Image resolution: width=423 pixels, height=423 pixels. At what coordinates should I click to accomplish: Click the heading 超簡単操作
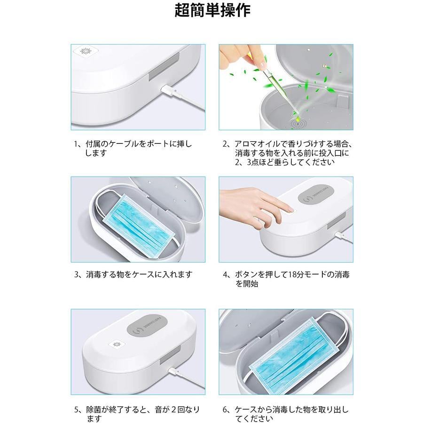click(212, 10)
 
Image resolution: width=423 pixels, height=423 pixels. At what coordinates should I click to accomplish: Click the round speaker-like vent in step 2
click(298, 125)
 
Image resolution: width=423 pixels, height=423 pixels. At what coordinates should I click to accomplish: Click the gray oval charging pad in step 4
click(316, 195)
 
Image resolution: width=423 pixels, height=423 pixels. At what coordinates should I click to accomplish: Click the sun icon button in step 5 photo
click(117, 345)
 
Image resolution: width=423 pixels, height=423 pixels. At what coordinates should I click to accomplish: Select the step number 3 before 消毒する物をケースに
click(77, 274)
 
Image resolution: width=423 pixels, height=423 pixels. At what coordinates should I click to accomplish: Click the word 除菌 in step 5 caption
click(94, 409)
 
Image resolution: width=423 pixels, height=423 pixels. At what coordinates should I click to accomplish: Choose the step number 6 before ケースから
click(225, 409)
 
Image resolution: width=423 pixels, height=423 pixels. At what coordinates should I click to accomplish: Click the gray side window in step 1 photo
click(164, 66)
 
